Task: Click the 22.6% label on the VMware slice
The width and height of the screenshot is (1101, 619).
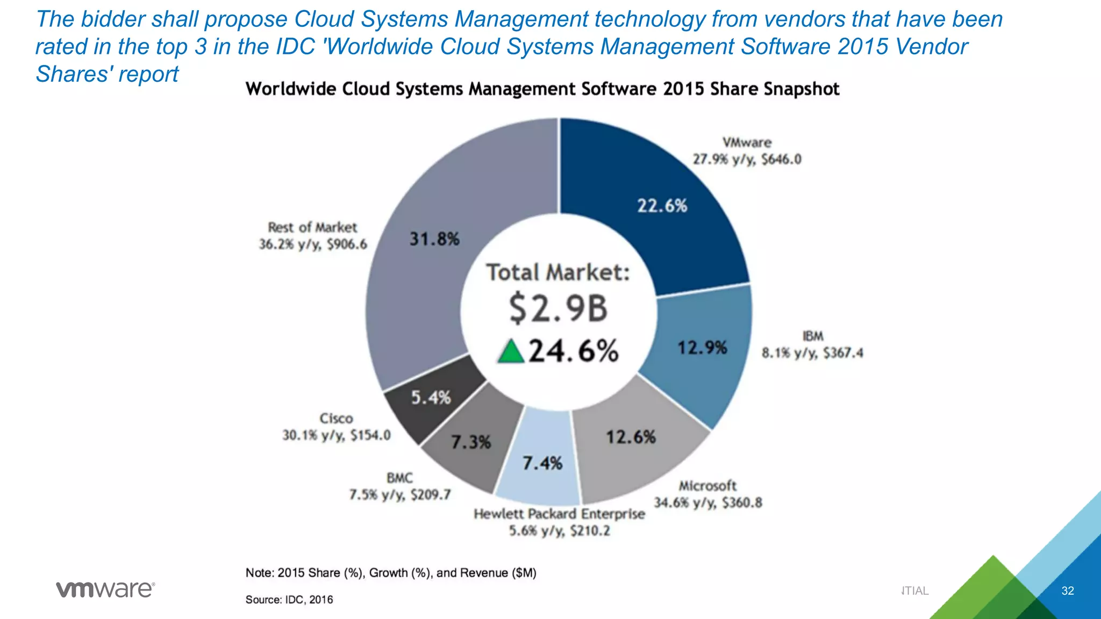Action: [662, 206]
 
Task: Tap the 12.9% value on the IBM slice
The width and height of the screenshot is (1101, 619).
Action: [702, 348]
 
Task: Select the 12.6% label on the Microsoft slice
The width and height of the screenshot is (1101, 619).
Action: [631, 437]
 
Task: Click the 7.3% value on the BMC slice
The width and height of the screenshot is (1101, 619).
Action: [470, 442]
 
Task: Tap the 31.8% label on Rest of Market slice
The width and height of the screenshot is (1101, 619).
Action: [434, 239]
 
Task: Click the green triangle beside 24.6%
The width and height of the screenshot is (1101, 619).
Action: [510, 351]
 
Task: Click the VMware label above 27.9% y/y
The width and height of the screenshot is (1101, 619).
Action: [747, 142]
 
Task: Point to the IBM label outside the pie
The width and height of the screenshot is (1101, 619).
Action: [812, 336]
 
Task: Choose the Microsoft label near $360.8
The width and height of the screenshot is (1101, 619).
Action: [707, 486]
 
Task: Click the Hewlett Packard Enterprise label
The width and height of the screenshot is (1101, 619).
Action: [559, 514]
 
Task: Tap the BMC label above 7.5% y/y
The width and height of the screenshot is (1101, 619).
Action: [399, 478]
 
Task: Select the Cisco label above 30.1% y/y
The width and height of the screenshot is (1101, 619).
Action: [336, 418]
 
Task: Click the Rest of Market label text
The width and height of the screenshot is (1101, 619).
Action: [312, 227]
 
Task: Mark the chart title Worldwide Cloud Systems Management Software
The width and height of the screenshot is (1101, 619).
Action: [542, 89]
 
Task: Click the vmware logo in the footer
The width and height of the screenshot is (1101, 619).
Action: [105, 589]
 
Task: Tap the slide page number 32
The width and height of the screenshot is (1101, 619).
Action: [1067, 591]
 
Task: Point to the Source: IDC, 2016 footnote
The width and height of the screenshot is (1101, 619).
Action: [289, 599]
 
